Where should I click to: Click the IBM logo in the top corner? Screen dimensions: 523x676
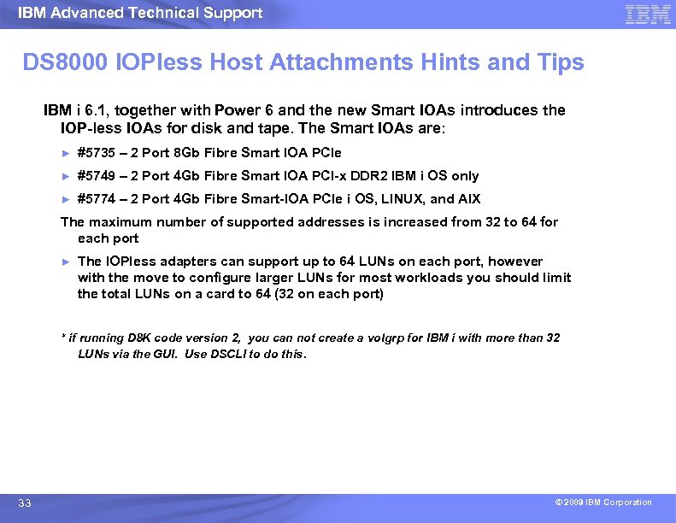648,14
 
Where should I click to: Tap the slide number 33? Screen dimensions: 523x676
25,503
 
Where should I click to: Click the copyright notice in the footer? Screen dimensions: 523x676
603,502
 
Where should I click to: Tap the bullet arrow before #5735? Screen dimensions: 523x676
65,153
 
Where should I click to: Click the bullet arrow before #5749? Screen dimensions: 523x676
65,176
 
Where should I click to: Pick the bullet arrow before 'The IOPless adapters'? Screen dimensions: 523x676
65,261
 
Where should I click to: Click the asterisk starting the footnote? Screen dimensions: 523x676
63,337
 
